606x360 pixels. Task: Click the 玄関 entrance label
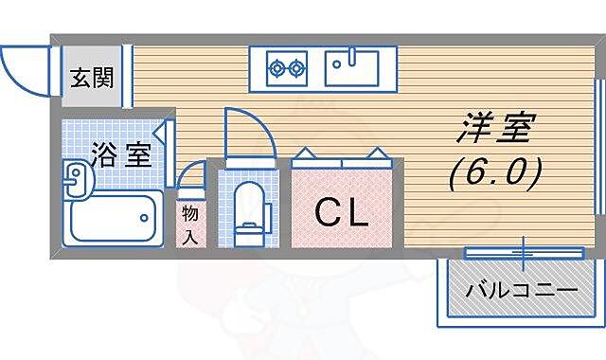tap(91, 77)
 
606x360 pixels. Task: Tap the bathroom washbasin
tap(76, 177)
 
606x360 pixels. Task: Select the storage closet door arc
tap(191, 176)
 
